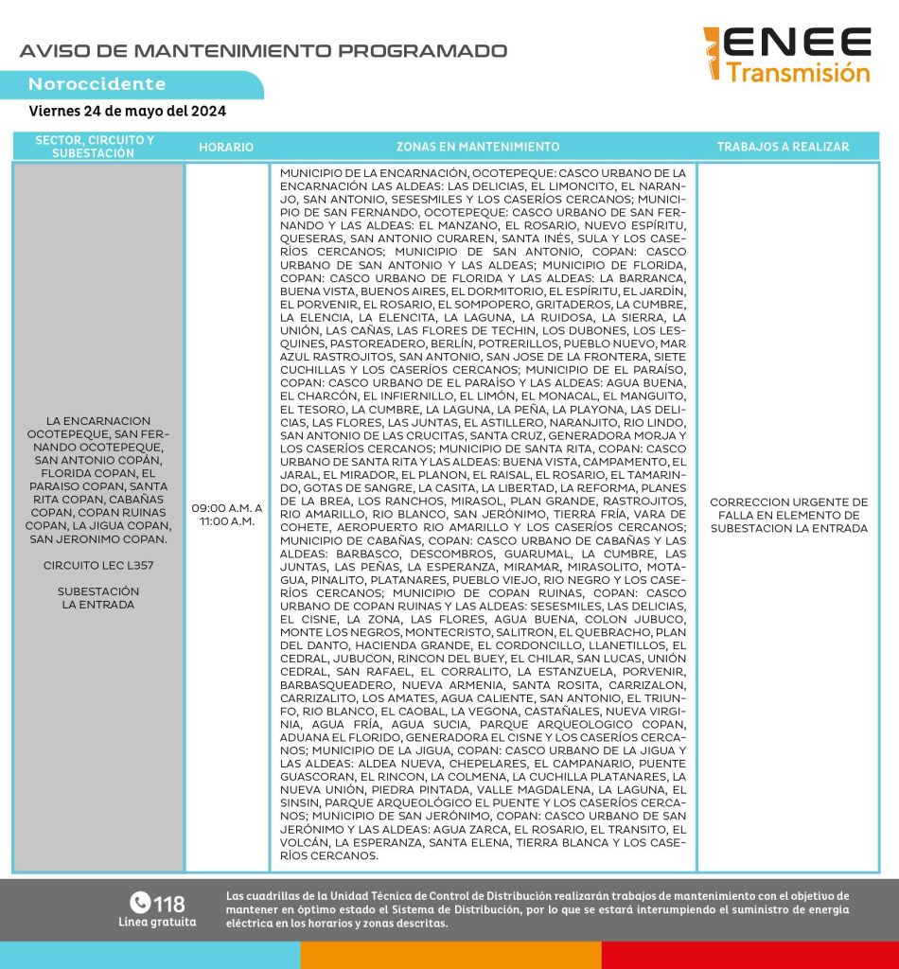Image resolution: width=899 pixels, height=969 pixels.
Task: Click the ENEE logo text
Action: pos(801,43)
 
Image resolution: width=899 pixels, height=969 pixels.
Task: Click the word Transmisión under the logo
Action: pos(798,73)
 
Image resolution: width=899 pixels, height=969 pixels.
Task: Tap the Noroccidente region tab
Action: pos(97,84)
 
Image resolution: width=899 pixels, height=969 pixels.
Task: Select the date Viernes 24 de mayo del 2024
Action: pos(128,111)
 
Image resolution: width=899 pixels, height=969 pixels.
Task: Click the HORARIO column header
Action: pos(226,147)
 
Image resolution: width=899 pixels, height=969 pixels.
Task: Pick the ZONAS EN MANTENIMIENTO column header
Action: pos(484,147)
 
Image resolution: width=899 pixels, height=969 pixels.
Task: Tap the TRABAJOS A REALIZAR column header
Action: pos(783,147)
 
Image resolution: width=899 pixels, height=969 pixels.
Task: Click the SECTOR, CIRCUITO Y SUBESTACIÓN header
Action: pos(95,146)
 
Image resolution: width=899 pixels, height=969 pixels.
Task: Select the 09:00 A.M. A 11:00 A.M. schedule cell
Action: pos(226,514)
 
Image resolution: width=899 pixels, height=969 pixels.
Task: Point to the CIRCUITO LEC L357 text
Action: pos(98,565)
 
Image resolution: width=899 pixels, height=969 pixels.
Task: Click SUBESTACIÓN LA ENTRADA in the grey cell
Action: pos(98,598)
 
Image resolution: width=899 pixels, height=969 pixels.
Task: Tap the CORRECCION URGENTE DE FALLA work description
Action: pos(788,515)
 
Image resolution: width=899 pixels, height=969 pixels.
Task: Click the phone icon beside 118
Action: pos(140,903)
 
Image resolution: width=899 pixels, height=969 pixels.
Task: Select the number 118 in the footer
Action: pos(169,903)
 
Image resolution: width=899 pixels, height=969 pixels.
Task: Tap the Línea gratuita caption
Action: pos(157,922)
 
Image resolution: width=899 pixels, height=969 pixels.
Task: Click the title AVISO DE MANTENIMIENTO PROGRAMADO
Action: pos(263,51)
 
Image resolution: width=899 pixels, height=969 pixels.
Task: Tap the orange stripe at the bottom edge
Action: pos(450,955)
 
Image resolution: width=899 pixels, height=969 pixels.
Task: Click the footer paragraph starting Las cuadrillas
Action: pos(538,908)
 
